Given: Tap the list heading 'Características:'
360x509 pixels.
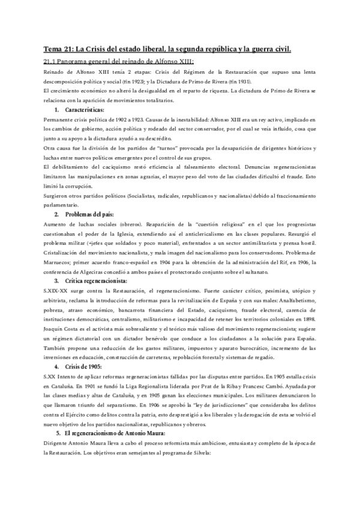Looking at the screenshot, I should [85, 110].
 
